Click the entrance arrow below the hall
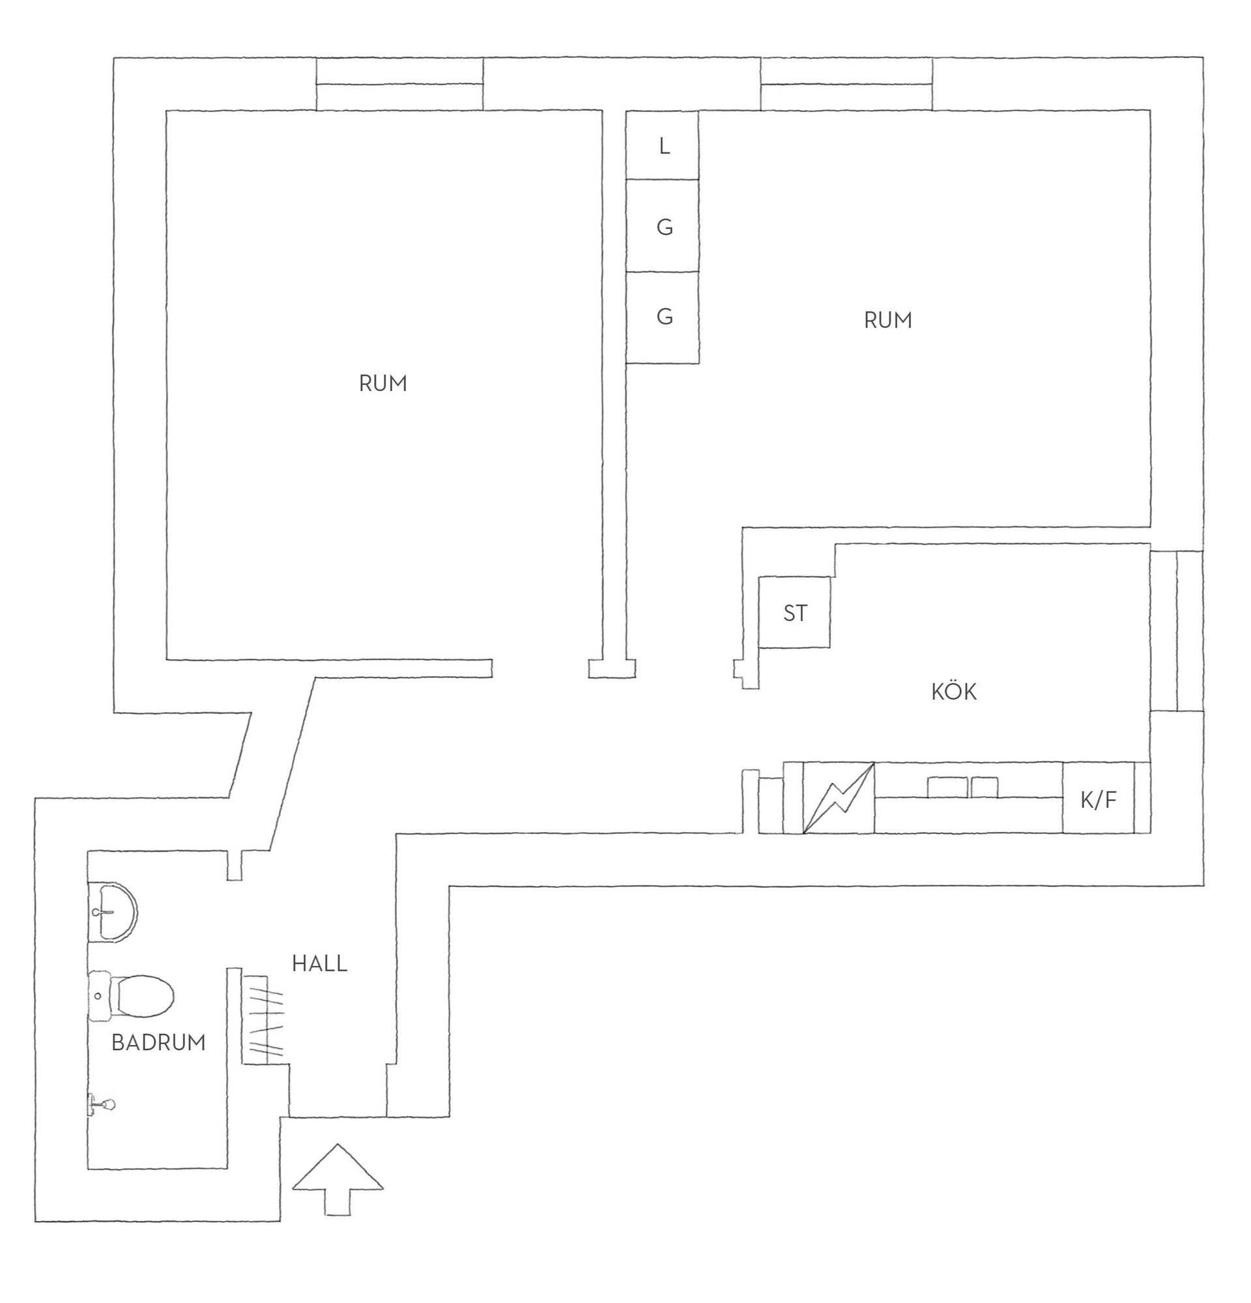coord(338,1179)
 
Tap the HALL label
coord(319,964)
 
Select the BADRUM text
coord(158,1042)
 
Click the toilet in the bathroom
coord(131,996)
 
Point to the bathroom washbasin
coord(111,911)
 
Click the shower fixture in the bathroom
coord(101,1105)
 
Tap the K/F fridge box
coord(1098,797)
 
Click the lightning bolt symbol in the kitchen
coord(839,797)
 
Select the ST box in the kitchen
coord(794,612)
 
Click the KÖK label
coord(954,691)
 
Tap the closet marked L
coord(663,145)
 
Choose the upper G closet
coord(663,226)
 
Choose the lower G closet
coord(663,318)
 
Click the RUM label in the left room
coord(383,384)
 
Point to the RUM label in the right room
coord(887,321)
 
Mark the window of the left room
coord(399,85)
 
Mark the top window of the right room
coord(846,85)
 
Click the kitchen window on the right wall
coord(1177,631)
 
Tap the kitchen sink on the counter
coord(962,787)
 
